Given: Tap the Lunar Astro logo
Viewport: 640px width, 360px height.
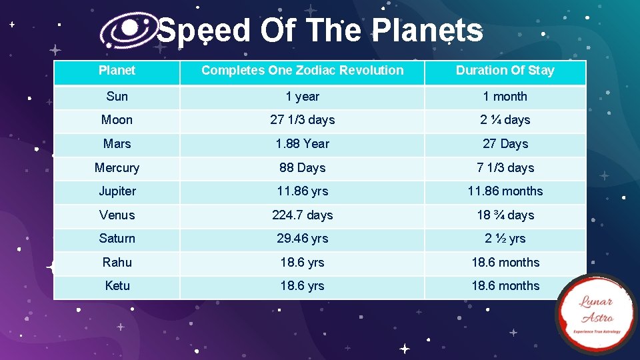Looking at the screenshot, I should [597, 314].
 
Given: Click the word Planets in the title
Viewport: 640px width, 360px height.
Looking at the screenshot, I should [427, 31].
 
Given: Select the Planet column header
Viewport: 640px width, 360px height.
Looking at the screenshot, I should [117, 71].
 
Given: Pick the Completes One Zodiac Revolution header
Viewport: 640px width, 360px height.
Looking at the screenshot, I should [302, 71].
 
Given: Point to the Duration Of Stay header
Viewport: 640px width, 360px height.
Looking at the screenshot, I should [505, 71].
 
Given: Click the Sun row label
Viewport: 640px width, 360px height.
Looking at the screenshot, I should [117, 97].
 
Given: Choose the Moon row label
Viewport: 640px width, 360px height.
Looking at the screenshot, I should [117, 120].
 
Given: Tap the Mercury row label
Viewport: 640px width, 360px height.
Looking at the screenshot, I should [117, 168].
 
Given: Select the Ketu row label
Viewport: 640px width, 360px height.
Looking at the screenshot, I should [117, 286].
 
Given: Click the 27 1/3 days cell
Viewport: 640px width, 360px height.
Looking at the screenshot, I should [302, 120].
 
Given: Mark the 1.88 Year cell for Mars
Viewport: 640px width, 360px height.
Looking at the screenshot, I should [302, 144].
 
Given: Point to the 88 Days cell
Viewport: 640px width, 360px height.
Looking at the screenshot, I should [302, 168].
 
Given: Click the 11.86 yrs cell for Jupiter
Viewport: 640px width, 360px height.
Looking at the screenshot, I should [302, 191].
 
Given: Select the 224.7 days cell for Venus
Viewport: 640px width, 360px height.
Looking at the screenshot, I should [302, 215].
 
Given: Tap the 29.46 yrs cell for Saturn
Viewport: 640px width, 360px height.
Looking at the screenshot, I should [302, 239].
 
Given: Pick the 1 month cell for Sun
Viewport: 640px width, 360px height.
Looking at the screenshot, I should [505, 97].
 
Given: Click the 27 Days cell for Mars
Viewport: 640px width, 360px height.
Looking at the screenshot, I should [505, 144].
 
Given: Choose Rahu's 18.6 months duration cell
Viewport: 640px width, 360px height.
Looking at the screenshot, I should [505, 263].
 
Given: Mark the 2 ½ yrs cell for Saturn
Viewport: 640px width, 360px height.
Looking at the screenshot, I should [505, 239].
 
